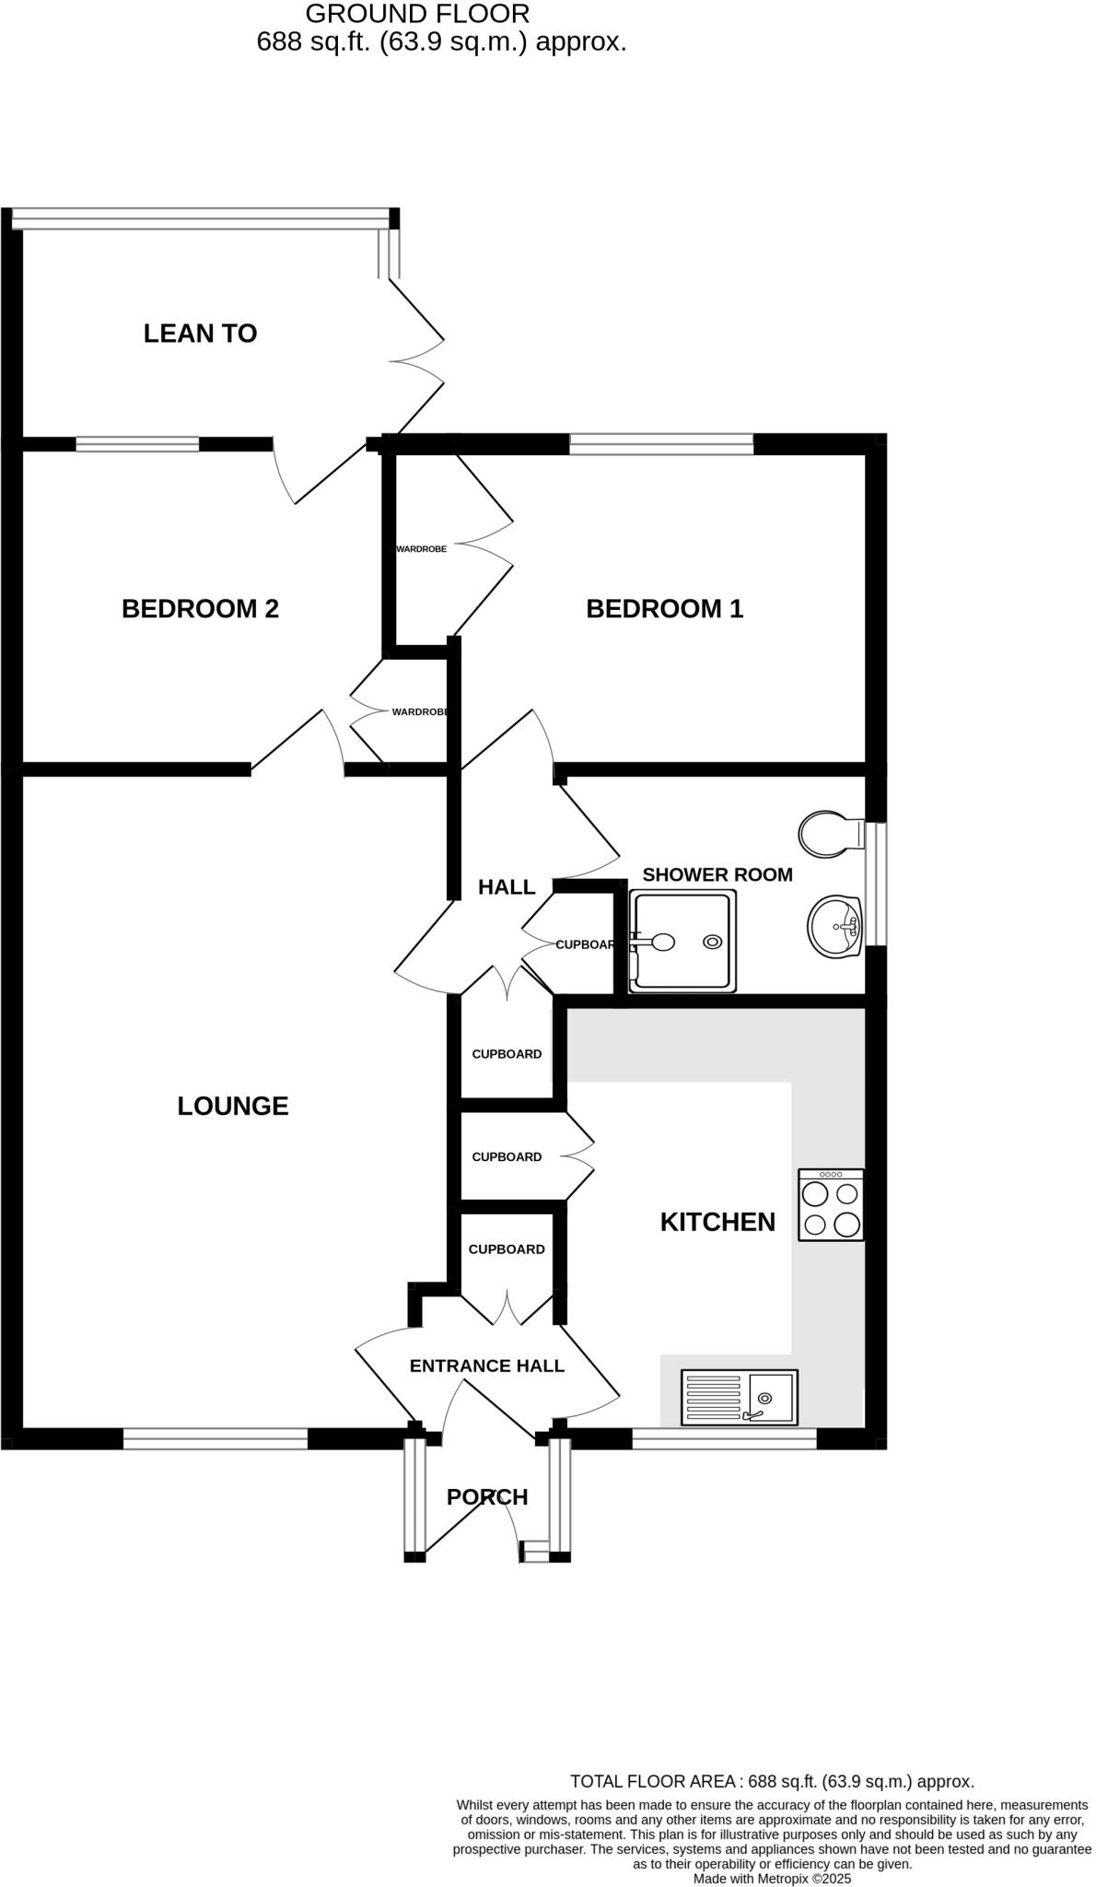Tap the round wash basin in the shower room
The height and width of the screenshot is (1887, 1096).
835,927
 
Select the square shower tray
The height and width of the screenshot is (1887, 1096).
683,941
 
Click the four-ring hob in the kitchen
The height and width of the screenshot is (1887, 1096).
831,1205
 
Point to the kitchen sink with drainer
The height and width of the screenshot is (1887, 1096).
739,1398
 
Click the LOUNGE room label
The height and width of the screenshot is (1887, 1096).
233,1106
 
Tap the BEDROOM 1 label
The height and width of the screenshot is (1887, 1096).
664,608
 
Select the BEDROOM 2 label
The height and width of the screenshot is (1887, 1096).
200,608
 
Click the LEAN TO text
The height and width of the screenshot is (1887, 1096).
200,334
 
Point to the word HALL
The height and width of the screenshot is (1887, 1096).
507,886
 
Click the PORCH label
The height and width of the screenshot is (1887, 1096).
487,1497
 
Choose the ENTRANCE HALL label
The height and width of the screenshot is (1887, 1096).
486,1365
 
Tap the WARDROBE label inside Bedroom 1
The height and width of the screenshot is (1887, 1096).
421,549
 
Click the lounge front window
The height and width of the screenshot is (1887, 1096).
216,1438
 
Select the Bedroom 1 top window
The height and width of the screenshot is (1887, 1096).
661,445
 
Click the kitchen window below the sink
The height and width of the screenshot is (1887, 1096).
724,1438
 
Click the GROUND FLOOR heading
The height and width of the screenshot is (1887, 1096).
417,14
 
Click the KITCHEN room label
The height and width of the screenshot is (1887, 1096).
717,1222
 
